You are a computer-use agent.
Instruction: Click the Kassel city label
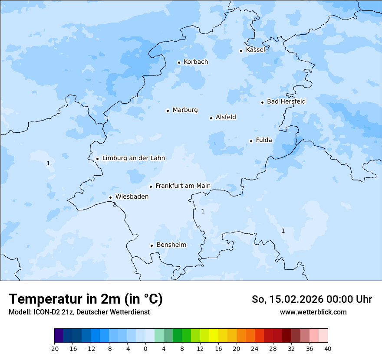[255, 50]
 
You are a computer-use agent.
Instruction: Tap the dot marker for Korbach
[179, 62]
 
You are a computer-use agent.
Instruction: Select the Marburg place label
[185, 110]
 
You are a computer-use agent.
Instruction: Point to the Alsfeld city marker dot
[211, 118]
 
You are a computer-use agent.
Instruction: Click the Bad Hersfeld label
[286, 101]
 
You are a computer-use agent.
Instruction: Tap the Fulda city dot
[251, 141]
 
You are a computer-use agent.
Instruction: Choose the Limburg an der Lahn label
[133, 158]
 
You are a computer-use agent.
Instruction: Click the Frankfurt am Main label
[183, 186]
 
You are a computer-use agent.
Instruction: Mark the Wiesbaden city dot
[110, 198]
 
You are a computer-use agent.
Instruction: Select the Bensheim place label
[171, 245]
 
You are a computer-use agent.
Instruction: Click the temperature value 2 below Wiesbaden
[114, 204]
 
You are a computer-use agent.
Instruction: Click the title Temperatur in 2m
[86, 299]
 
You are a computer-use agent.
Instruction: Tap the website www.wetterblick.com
[313, 312]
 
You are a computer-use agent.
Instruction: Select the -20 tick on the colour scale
[54, 348]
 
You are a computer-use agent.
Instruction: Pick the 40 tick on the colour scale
[328, 348]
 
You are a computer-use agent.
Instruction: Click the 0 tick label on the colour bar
[145, 348]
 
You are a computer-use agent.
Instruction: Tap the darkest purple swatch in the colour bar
[59, 336]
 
